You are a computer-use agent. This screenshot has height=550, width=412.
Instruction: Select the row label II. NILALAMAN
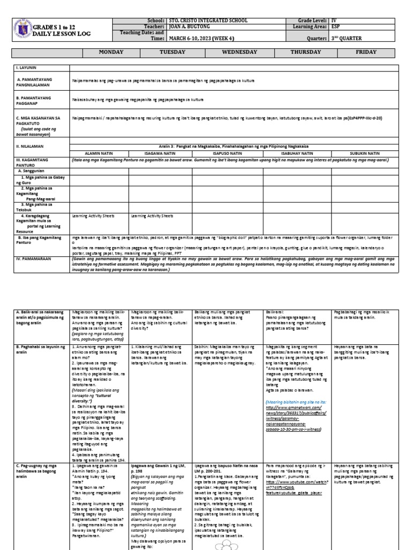(31, 146)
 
